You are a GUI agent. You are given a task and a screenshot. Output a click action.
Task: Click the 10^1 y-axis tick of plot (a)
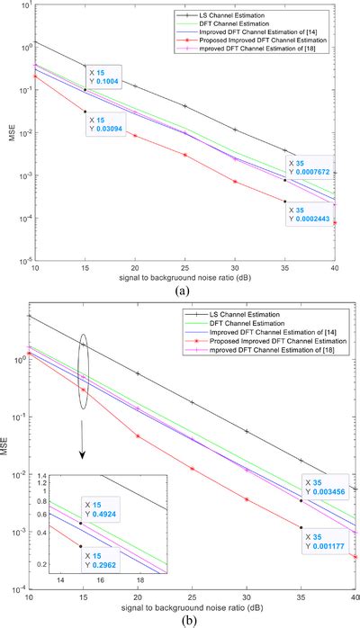[18, 7]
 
